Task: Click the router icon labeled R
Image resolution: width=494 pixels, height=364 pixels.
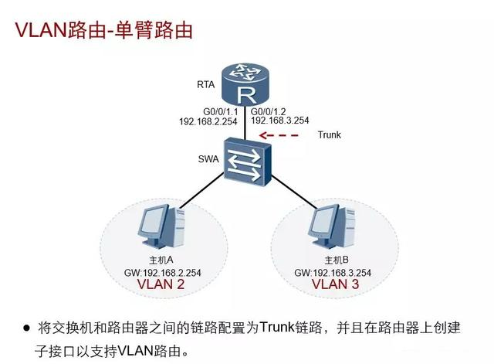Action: click(x=247, y=86)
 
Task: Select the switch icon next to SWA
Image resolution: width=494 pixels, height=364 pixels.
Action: click(x=246, y=157)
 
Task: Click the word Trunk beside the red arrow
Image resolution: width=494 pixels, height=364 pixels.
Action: click(x=329, y=135)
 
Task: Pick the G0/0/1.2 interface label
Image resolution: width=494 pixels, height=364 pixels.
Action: click(x=272, y=111)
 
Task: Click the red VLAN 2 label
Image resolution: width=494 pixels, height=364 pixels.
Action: click(x=161, y=284)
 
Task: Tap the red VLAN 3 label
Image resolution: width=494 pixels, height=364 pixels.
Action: click(x=335, y=284)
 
